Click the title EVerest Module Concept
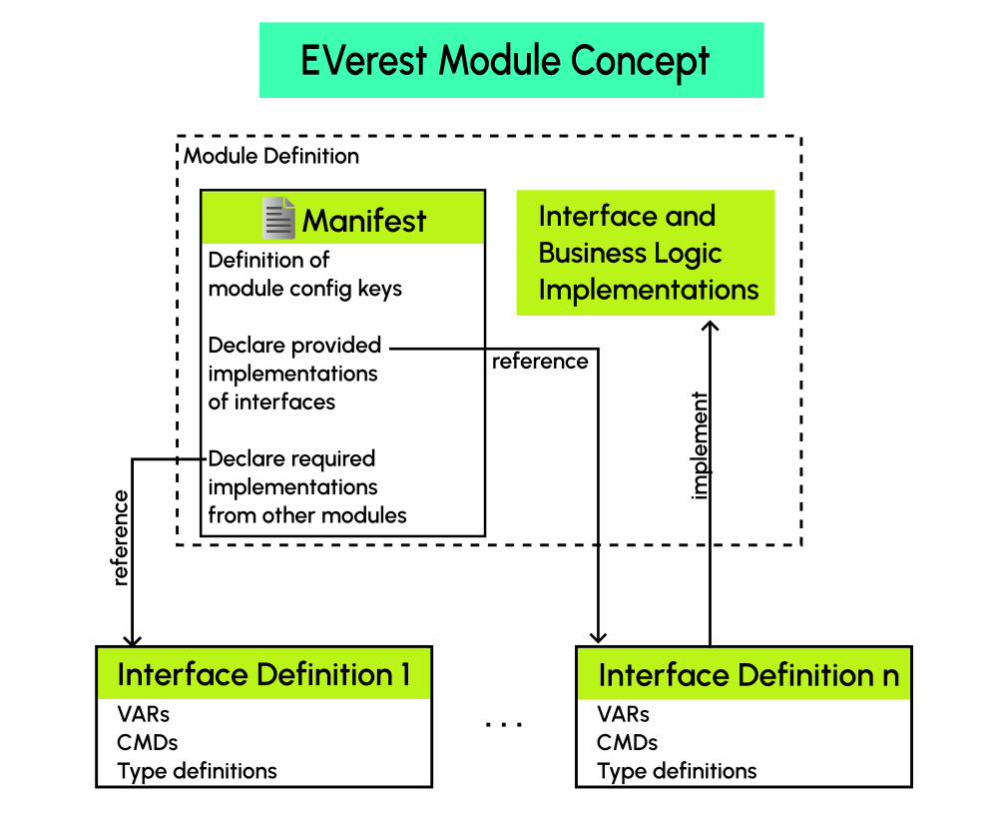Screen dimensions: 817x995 (x=505, y=60)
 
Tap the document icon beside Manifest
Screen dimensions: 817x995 (x=278, y=218)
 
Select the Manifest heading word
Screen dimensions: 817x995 (x=364, y=220)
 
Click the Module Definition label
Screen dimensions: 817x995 (x=271, y=156)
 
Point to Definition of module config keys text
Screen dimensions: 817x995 (x=304, y=275)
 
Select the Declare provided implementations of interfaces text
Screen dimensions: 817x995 (x=294, y=374)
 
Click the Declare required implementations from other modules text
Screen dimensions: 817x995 (x=306, y=487)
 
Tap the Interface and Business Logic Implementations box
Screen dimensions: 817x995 (x=646, y=254)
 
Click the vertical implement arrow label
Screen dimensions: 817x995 (x=700, y=445)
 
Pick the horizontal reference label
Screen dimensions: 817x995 (x=540, y=362)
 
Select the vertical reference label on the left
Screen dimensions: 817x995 (x=121, y=537)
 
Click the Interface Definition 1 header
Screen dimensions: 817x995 (x=263, y=674)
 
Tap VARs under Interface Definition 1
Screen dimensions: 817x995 (x=144, y=714)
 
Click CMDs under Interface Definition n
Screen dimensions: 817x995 (x=627, y=742)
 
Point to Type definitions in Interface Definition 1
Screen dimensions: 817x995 (x=197, y=771)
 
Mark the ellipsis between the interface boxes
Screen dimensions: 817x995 (x=504, y=724)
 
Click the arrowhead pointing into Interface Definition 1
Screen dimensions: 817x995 (x=131, y=639)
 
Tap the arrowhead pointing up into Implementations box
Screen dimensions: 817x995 (x=710, y=326)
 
